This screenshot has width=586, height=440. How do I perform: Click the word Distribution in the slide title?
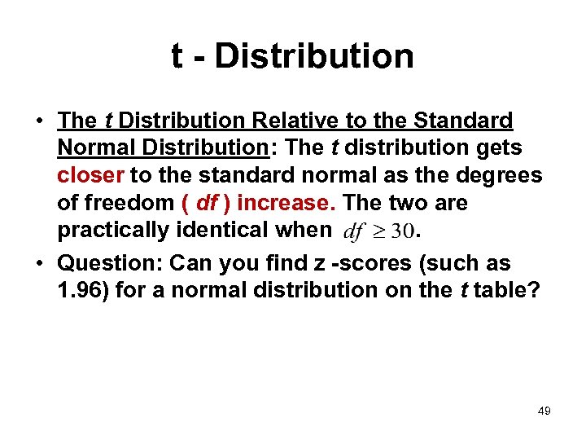314,56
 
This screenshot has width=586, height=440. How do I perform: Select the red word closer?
91,175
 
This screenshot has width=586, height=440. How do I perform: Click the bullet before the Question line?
39,263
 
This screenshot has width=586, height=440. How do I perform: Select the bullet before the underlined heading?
39,121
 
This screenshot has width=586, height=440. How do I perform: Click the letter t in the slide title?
177,56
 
